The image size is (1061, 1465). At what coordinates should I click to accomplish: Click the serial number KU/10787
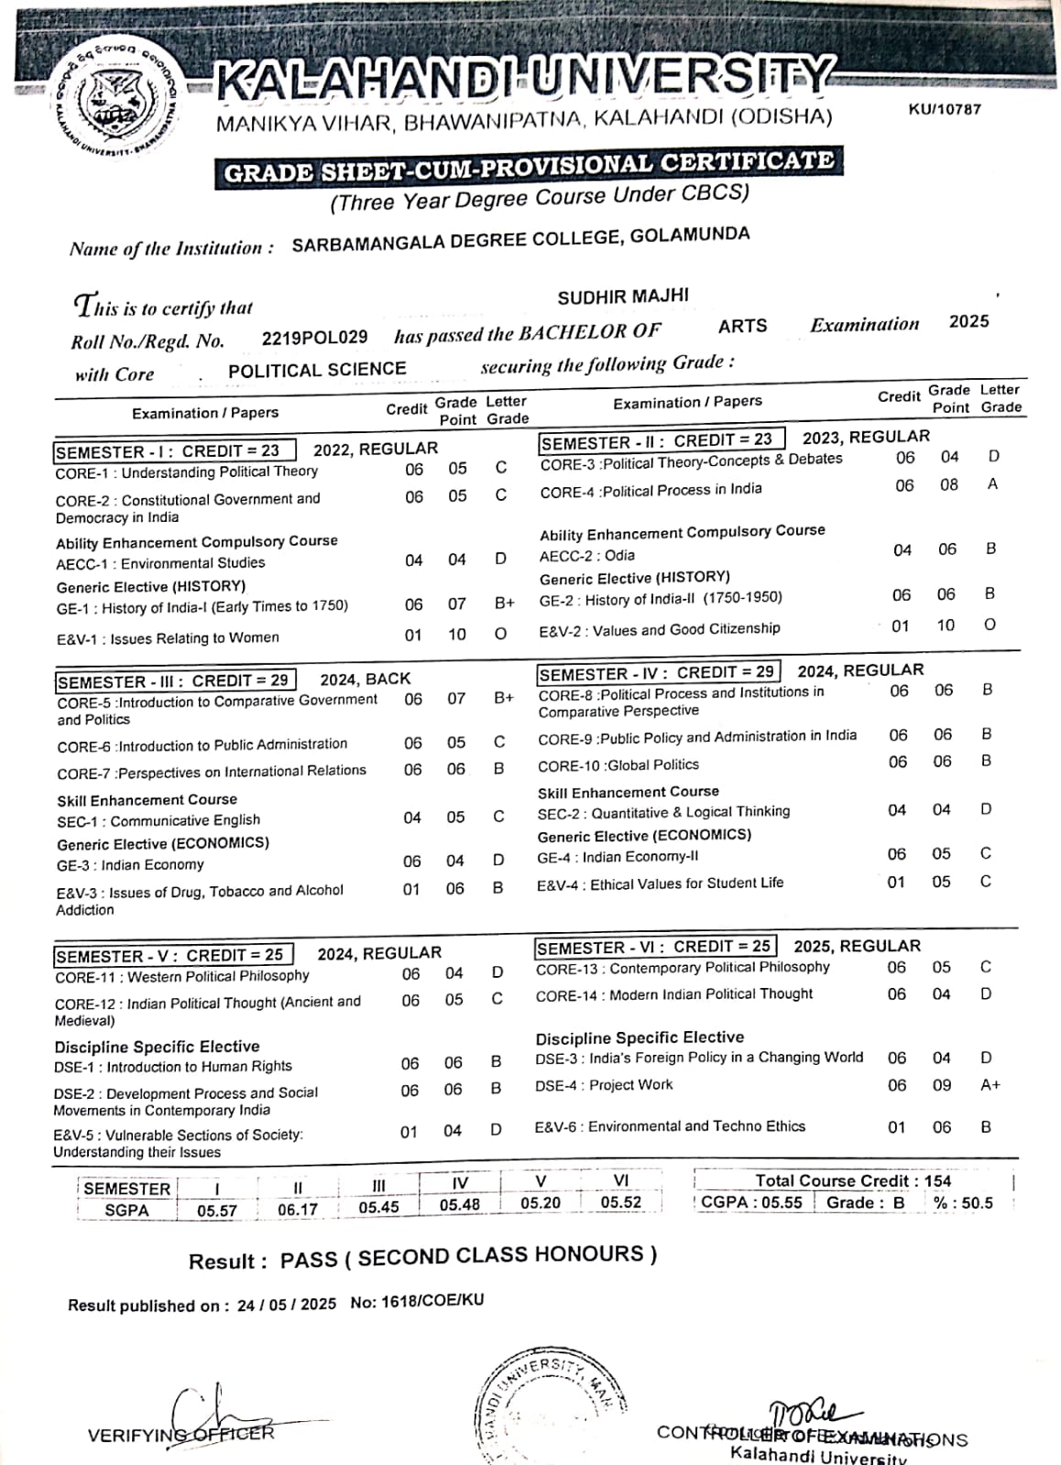[x=944, y=109]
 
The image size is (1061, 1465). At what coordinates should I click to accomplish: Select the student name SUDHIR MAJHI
[x=623, y=297]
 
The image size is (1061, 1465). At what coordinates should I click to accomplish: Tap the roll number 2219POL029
[x=314, y=338]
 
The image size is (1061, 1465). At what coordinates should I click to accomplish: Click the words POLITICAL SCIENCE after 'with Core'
[x=317, y=370]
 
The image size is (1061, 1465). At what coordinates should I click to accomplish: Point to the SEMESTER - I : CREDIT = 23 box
[x=173, y=451]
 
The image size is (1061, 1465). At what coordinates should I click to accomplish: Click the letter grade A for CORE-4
[x=992, y=484]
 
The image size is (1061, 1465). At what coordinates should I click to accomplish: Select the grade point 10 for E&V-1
[x=456, y=635]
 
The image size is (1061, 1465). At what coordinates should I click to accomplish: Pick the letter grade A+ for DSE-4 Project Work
[x=990, y=1085]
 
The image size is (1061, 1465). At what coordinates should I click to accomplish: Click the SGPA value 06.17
[x=297, y=1210]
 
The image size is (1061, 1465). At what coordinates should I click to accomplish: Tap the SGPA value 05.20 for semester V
[x=541, y=1203]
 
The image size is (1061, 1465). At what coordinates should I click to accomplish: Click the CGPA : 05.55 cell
[x=751, y=1203]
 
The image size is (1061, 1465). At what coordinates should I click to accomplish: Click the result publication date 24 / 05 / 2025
[x=286, y=1304]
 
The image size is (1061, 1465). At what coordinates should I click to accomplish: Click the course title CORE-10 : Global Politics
[x=618, y=765]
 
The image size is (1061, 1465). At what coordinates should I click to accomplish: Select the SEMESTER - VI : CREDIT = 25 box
[x=654, y=947]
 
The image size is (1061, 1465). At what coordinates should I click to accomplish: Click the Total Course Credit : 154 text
[x=853, y=1181]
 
